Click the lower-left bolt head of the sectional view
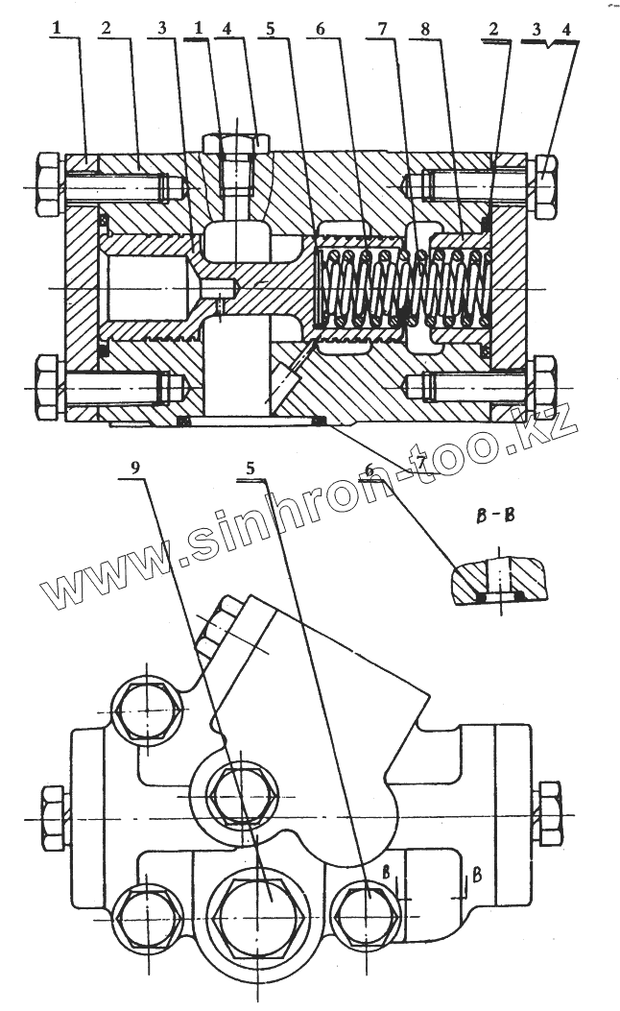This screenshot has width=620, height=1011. point(47,386)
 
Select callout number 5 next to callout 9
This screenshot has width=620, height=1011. point(250,470)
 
